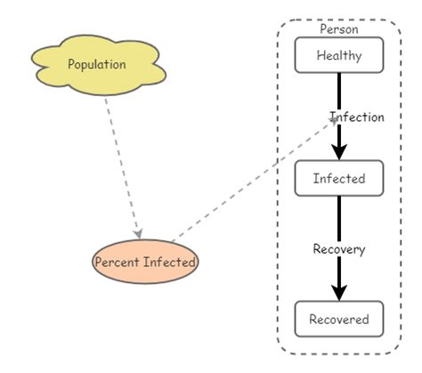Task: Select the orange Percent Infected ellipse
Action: point(145,262)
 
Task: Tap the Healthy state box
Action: point(338,55)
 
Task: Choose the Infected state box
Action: point(338,178)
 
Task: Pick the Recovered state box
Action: point(338,319)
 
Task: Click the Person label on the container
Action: point(338,28)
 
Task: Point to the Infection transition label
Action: point(357,117)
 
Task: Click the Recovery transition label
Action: point(338,249)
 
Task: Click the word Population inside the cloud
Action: point(97,64)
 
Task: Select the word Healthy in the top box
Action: point(338,55)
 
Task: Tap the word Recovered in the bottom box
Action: point(338,319)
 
